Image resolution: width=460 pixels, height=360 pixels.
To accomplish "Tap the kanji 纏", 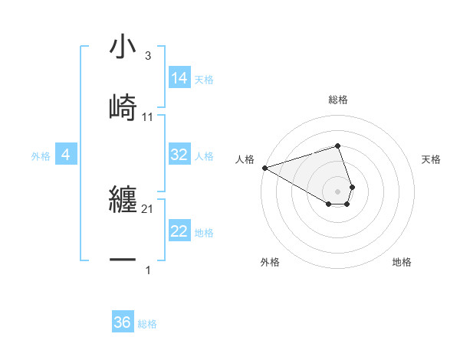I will (x=123, y=201).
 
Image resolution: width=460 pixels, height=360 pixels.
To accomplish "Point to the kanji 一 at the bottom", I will (x=123, y=260).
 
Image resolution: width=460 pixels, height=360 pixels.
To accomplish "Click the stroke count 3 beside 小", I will (x=147, y=56).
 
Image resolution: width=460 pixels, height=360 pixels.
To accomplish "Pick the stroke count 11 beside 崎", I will (x=148, y=116).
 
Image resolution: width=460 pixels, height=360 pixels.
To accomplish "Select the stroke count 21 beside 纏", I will (x=148, y=209).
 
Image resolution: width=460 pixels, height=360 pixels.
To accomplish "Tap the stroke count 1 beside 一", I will (x=147, y=270).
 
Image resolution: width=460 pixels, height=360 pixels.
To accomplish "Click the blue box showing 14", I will (x=179, y=78).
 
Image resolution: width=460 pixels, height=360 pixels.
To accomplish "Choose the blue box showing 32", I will (x=179, y=155).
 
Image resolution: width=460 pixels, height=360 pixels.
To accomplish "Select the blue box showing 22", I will (x=179, y=231).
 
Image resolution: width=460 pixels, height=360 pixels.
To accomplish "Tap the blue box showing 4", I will (x=66, y=155).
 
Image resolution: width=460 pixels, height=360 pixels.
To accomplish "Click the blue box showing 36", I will (x=123, y=322).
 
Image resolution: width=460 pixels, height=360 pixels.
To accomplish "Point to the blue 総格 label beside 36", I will (x=147, y=324).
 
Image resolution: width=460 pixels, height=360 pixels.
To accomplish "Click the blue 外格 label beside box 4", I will (x=41, y=156).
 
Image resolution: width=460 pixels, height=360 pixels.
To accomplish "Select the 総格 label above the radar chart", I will (x=338, y=100).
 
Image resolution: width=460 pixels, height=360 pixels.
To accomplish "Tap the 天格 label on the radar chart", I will (x=432, y=159).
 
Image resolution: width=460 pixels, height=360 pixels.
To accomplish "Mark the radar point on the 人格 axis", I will (x=264, y=168).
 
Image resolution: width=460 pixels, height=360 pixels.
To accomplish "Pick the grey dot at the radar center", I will (x=338, y=191).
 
